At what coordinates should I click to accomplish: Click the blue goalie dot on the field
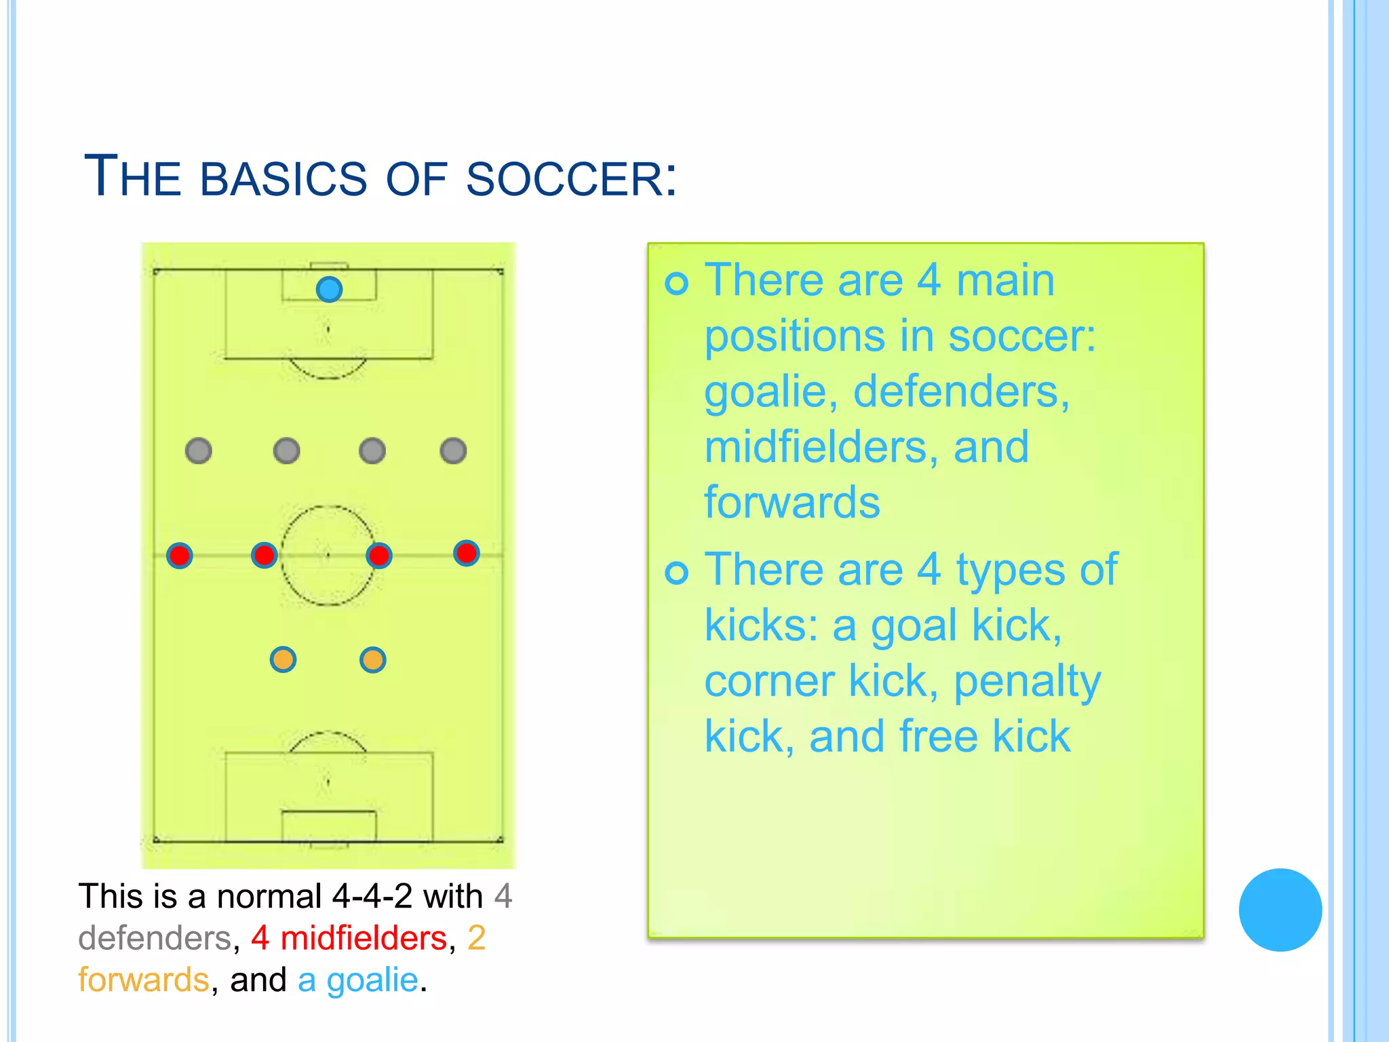coord(329,290)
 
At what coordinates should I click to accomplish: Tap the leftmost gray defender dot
coord(199,450)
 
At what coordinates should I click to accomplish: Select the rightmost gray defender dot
coord(453,450)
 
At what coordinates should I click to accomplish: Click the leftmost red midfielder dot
coord(180,556)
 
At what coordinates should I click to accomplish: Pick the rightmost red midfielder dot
coord(467,553)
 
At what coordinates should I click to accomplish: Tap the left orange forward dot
coord(283,659)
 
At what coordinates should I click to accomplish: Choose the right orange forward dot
coord(373,659)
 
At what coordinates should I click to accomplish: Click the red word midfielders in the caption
coord(364,938)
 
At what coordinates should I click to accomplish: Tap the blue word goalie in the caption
coord(372,980)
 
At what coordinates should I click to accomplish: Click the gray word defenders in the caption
coord(155,938)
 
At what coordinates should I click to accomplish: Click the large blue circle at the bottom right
coord(1280,910)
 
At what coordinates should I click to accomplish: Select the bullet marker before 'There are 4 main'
coord(677,283)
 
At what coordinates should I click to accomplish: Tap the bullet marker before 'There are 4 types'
coord(677,573)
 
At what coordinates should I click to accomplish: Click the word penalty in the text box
coord(1027,682)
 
